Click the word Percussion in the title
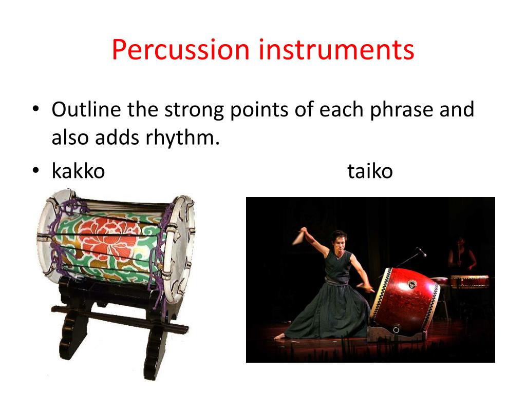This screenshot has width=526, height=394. click(180, 50)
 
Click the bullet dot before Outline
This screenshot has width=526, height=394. click(35, 109)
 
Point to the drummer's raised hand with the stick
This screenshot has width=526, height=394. click(304, 233)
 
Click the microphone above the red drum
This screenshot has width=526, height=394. click(421, 251)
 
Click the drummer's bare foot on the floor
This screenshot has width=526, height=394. click(279, 337)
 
